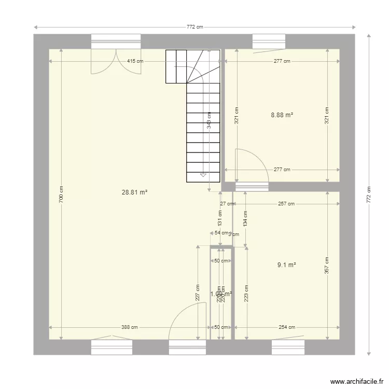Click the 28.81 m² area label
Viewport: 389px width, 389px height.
(134, 192)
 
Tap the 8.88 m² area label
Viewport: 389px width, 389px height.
(282, 115)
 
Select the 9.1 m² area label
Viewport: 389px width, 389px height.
(286, 265)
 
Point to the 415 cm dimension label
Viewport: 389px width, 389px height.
(135, 61)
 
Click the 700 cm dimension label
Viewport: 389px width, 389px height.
(61, 195)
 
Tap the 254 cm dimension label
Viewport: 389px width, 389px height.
(287, 327)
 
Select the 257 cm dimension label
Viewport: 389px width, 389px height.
(286, 204)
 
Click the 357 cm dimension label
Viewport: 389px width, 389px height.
(327, 266)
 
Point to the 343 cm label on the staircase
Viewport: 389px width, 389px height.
(209, 120)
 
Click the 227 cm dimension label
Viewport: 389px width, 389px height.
(198, 293)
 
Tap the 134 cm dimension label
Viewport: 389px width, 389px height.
(245, 218)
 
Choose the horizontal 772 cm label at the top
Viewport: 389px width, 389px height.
(195, 27)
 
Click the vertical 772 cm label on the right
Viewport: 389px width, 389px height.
(369, 195)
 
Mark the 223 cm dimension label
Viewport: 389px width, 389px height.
(246, 293)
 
